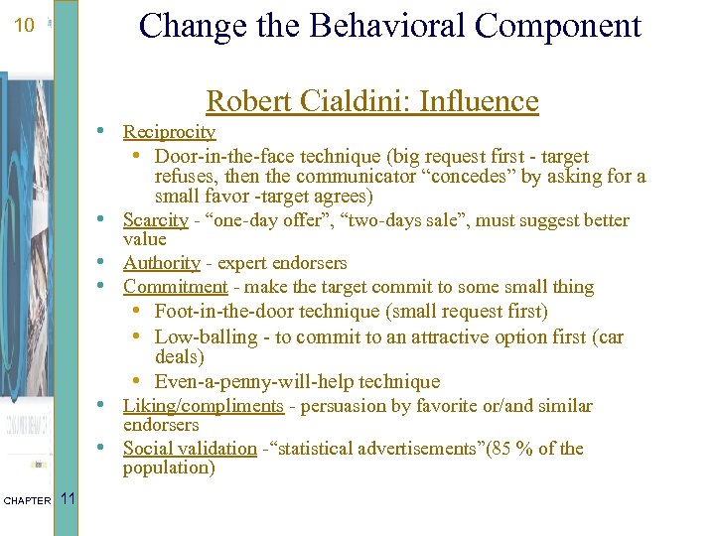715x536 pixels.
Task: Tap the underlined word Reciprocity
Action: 169,132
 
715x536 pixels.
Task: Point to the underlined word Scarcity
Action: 155,220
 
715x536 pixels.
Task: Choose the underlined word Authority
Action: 161,263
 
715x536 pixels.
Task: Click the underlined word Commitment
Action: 175,287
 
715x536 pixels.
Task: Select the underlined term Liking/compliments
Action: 203,406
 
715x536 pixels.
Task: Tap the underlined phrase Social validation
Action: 189,449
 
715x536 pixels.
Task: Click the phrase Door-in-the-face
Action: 218,157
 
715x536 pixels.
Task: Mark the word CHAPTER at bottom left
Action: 27,500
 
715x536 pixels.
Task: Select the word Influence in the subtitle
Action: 480,101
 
